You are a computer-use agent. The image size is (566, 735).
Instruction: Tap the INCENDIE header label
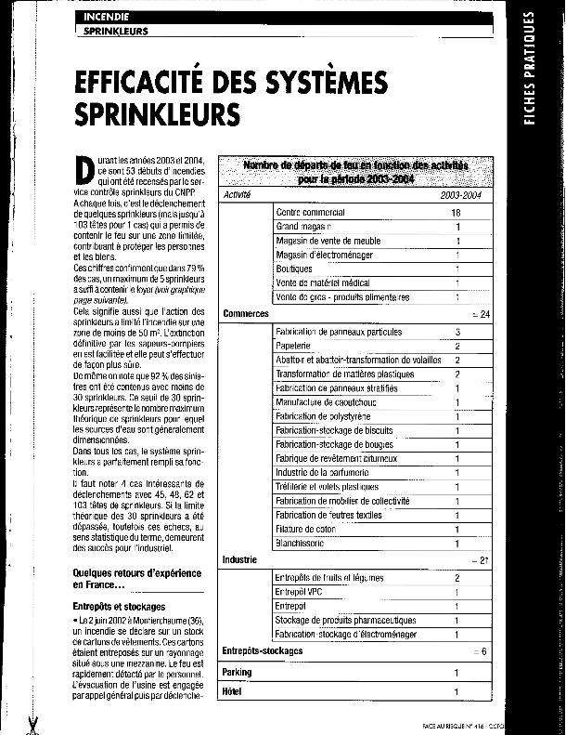pyautogui.click(x=107, y=18)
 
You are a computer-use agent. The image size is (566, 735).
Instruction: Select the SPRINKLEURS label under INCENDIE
pyautogui.click(x=116, y=31)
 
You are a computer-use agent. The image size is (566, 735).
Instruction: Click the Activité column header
pyautogui.click(x=238, y=194)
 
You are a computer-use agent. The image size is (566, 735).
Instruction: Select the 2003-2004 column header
pyautogui.click(x=461, y=194)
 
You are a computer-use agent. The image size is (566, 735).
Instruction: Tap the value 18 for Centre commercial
pyautogui.click(x=456, y=213)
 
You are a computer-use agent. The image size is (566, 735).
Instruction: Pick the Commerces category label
pyautogui.click(x=246, y=314)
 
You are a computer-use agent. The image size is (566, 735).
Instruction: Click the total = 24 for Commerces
pyautogui.click(x=481, y=314)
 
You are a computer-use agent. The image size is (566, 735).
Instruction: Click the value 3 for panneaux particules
pyautogui.click(x=457, y=331)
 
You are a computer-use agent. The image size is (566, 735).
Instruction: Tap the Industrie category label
pyautogui.click(x=240, y=559)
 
